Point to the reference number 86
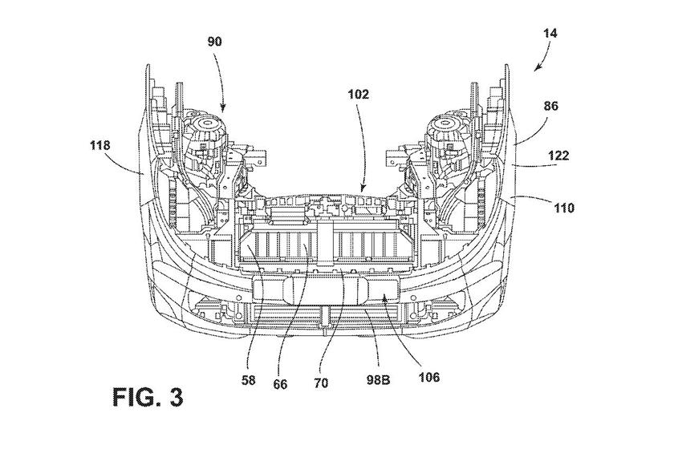click(551, 106)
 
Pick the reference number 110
click(564, 208)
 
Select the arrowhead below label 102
click(363, 192)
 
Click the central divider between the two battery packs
click(327, 241)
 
